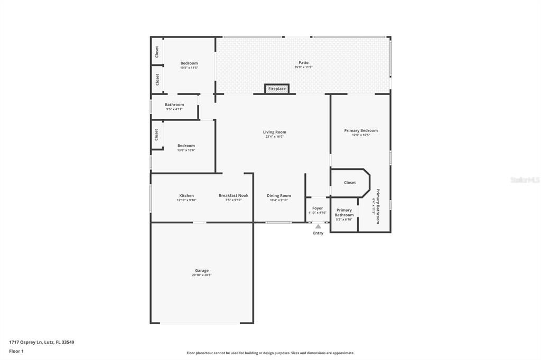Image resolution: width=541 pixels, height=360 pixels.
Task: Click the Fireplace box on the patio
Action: click(277, 89)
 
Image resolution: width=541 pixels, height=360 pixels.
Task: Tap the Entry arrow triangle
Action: click(318, 226)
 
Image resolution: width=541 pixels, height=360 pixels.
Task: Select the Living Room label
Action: click(275, 132)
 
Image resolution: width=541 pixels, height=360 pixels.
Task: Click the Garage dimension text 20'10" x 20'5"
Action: click(202, 275)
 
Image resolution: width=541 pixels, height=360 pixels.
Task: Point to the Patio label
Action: click(303, 63)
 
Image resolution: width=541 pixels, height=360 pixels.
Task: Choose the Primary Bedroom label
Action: click(361, 130)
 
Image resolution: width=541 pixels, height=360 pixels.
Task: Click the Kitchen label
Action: click(186, 195)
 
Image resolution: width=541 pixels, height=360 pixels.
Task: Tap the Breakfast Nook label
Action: click(234, 195)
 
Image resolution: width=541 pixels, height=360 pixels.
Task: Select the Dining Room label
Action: click(278, 195)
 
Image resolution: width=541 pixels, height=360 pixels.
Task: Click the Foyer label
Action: click(318, 208)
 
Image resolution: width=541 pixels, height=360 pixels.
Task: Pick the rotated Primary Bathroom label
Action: click(378, 206)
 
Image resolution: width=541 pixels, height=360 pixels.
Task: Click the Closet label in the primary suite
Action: click(350, 183)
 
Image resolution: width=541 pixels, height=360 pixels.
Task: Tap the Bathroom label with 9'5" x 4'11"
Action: click(174, 105)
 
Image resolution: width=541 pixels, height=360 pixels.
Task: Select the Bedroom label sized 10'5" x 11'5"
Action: click(189, 63)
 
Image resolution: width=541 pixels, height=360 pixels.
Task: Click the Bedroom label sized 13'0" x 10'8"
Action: click(186, 146)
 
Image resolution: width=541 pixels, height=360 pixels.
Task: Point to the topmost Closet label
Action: click(157, 52)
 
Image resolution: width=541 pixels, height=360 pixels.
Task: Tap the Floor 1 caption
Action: click(16, 350)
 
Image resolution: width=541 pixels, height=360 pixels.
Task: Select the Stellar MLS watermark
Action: click(525, 180)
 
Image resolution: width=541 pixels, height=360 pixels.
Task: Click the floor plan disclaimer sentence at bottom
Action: click(270, 353)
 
